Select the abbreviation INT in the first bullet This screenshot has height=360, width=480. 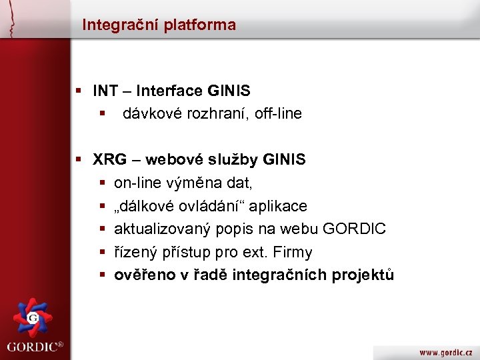pyautogui.click(x=105, y=91)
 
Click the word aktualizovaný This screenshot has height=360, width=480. pyautogui.click(x=162, y=229)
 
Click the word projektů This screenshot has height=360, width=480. pyautogui.click(x=366, y=275)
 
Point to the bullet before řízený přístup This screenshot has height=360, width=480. pyautogui.click(x=103, y=253)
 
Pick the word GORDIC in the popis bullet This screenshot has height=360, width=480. pyautogui.click(x=353, y=229)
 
